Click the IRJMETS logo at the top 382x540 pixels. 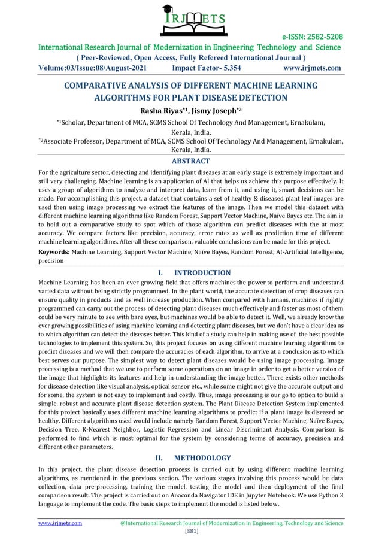tap(191, 20)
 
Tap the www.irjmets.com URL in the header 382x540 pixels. tap(311, 68)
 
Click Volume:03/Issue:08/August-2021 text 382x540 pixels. tap(94, 68)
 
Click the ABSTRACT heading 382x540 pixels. tap(190, 161)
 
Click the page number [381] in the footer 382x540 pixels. tap(191, 530)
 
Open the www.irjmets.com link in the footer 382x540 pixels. tap(60, 523)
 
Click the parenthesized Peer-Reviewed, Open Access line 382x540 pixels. tap(190, 57)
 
